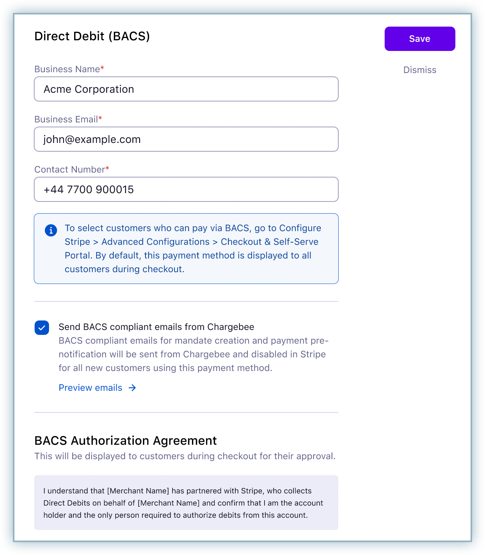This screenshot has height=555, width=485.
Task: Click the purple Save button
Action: [420, 39]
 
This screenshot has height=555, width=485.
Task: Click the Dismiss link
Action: [420, 70]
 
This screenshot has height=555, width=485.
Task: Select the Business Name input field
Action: [186, 89]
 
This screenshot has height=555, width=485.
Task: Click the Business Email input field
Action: [186, 139]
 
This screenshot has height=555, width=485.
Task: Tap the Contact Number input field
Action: [186, 189]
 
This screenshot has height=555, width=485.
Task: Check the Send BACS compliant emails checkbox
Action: [42, 328]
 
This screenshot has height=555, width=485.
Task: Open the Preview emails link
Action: [90, 388]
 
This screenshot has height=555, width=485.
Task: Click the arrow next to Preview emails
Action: [132, 388]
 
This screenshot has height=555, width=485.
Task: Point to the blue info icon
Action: [51, 230]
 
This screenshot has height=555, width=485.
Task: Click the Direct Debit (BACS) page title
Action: [92, 36]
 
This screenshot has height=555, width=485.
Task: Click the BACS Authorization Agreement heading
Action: [125, 441]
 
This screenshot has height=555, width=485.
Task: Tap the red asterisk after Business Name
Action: [102, 68]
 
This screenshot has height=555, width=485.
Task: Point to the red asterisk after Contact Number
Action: [107, 168]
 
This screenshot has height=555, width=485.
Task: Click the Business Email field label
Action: [66, 119]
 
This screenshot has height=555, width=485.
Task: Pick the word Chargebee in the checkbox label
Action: [231, 327]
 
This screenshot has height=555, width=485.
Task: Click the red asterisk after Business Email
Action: [100, 118]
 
